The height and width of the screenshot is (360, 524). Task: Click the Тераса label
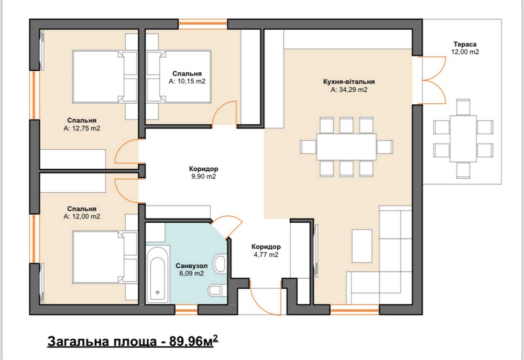(465, 44)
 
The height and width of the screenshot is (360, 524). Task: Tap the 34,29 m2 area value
(349, 90)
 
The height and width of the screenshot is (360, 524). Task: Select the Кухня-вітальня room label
(349, 82)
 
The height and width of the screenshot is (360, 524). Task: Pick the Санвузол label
(191, 266)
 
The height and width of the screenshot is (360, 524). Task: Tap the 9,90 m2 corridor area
(203, 177)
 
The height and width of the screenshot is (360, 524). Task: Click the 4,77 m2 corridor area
(266, 255)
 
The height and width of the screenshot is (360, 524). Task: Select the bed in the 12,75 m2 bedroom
(105, 77)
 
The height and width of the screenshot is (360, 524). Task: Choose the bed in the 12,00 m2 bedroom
(105, 257)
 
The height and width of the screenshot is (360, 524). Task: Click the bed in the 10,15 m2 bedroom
(179, 77)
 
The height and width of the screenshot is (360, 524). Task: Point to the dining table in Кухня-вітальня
(346, 147)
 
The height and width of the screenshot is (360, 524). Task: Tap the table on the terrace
(463, 139)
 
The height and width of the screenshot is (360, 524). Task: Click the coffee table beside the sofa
(362, 246)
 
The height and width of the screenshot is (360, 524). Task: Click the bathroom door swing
(227, 226)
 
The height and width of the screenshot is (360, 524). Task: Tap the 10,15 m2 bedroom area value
(187, 81)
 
